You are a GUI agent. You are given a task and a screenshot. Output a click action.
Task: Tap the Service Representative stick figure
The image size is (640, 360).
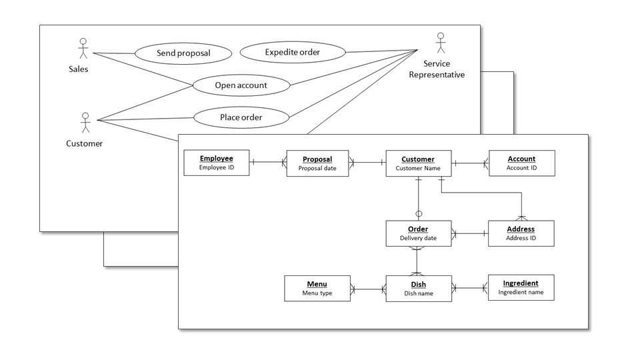coord(439,43)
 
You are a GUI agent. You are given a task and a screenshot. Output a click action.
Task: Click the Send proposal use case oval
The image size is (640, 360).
coord(183,53)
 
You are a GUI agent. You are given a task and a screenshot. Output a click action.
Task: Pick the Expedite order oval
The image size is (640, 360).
coord(292,52)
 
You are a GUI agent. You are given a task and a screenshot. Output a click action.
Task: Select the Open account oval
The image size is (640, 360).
coord(241,85)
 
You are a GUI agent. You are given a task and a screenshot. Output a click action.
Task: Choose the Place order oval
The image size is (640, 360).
coord(241,118)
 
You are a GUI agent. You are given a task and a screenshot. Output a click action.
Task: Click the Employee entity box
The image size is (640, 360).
coord(217,163)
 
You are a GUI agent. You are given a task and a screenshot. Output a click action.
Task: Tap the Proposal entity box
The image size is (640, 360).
coord(317,163)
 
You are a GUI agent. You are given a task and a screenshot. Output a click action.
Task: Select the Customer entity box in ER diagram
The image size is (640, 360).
coord(418,163)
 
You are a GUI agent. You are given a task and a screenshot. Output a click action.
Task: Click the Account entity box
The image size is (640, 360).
coord(521,163)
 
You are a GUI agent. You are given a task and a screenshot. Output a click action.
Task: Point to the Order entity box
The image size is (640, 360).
coord(418,233)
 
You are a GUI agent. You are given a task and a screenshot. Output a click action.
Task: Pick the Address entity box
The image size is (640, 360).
coord(521,233)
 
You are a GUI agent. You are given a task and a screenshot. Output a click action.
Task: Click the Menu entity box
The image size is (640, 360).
coord(317,289)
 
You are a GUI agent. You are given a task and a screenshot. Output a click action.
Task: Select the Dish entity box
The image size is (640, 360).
coord(418,289)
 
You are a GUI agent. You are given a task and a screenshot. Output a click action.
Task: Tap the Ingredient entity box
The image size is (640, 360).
coord(521,287)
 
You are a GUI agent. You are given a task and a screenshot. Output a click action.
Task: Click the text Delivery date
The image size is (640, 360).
coord(418,238)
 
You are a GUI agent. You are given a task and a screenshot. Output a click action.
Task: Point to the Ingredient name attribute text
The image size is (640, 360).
coord(521,292)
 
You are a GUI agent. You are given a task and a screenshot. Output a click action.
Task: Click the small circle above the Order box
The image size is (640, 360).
coord(419,214)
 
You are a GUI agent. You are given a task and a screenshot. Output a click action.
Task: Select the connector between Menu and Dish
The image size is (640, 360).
coord(368,289)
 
